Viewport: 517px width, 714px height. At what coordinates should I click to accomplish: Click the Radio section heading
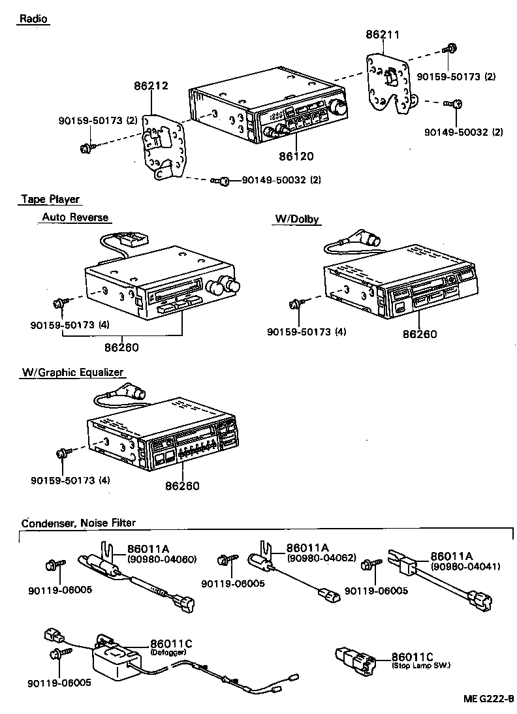pos(33,19)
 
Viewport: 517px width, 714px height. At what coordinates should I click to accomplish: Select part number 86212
pos(151,85)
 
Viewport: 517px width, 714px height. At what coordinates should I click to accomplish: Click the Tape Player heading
pos(50,199)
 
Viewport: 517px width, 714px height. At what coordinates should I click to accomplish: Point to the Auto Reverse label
pos(75,217)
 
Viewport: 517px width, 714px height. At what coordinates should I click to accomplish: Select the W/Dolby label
pos(296,219)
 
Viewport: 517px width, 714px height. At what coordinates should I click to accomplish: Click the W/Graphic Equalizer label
pos(72,372)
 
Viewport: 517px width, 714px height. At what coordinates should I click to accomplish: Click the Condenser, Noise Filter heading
pos(78,523)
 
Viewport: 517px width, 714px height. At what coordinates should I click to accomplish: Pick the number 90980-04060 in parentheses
pos(161,559)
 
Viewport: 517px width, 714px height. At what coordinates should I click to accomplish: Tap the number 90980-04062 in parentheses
pos(321,558)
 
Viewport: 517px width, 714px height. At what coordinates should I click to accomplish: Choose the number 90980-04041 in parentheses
pos(465,566)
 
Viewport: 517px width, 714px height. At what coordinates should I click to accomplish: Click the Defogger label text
pos(168,652)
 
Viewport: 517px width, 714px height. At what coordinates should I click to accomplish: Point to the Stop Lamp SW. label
pos(421,665)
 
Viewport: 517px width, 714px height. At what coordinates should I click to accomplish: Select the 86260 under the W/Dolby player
pos(419,334)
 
